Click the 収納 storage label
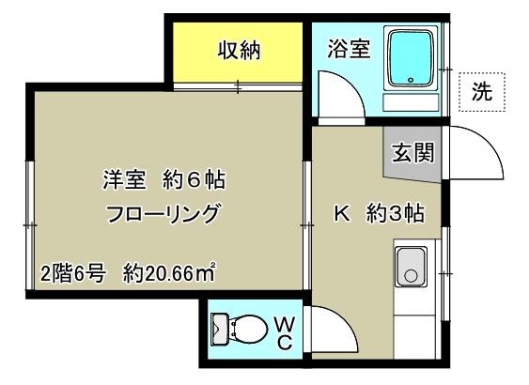[240, 50]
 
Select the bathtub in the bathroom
[411, 59]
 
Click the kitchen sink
[411, 267]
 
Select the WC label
[286, 331]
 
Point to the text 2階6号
[75, 274]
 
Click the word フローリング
[164, 212]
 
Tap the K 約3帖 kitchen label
[379, 213]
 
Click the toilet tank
[220, 331]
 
